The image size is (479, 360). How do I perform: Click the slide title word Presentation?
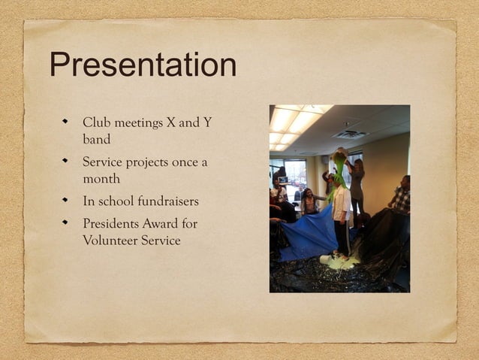click(x=143, y=65)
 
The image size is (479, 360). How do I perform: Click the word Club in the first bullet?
click(x=95, y=123)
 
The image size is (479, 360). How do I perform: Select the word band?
click(x=96, y=139)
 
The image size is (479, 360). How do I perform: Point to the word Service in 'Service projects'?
click(x=104, y=162)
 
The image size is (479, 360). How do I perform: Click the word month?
click(x=101, y=180)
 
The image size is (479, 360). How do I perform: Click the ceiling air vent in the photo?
click(x=349, y=135)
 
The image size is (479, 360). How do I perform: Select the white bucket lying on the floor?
click(x=327, y=259)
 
